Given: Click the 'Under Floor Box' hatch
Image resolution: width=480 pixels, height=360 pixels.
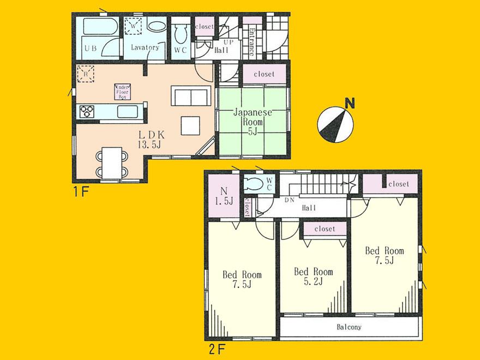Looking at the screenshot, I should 122,91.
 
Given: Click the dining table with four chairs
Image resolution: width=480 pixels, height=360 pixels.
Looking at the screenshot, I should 112,161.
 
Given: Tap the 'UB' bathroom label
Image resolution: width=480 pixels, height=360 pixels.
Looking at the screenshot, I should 90,48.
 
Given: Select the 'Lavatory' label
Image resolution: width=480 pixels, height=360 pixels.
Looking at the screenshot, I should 145,47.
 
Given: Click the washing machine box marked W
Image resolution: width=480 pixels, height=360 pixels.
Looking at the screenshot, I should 133,26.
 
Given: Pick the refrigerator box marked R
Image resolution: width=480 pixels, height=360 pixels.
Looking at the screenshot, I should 85,73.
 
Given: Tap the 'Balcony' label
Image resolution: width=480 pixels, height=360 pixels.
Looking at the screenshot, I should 349,328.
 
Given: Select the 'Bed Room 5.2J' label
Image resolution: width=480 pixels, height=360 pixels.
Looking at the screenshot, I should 313,277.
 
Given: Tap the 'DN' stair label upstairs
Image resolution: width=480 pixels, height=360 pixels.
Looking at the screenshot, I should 290,200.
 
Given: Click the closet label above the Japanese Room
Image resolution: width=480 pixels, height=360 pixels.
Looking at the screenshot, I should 263,74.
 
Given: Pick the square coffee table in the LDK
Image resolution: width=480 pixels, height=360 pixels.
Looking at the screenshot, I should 191,125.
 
